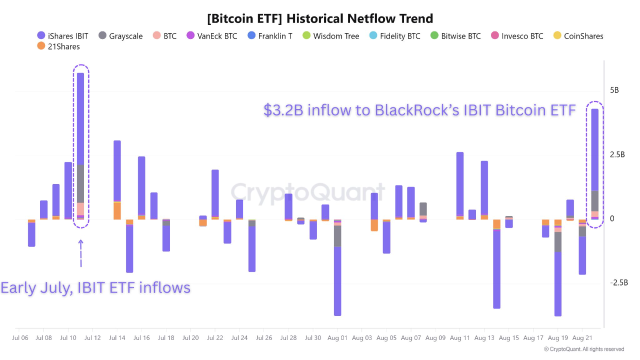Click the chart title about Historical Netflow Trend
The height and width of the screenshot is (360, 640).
click(320, 19)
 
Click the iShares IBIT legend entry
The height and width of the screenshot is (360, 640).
click(63, 36)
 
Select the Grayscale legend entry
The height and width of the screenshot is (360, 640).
click(120, 36)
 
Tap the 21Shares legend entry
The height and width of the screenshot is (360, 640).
click(58, 46)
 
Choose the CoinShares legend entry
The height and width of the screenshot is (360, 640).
click(578, 36)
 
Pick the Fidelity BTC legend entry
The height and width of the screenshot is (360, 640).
click(394, 36)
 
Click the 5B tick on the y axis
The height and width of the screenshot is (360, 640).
click(614, 90)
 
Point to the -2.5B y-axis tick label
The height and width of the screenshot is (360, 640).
click(618, 283)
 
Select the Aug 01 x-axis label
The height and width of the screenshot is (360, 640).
click(337, 338)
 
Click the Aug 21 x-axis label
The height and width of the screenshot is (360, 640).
click(582, 338)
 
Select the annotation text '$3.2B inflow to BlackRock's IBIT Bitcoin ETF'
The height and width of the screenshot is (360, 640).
click(419, 110)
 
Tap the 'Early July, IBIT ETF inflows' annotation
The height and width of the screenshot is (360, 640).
click(95, 288)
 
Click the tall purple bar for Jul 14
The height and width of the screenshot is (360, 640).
click(117, 170)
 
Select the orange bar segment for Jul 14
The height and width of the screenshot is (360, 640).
click(117, 210)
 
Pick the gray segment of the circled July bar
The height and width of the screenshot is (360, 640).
click(80, 183)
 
